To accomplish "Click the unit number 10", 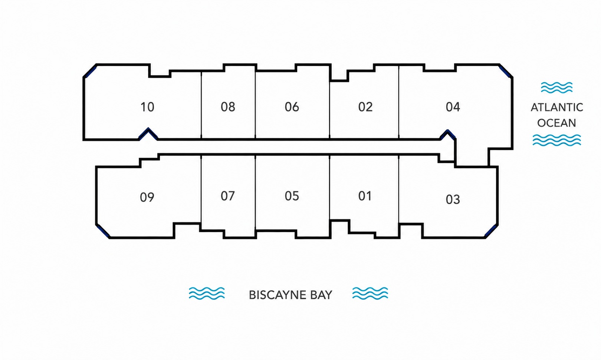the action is point(147,107).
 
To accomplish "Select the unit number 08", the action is point(228,107).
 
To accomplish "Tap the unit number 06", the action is point(292,107).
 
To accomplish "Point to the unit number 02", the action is point(365,107).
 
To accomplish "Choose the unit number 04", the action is point(453,107).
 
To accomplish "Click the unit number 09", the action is point(147,197).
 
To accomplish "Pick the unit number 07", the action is point(228,196).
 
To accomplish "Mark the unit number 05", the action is point(292,196).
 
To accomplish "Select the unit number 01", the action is point(365,196).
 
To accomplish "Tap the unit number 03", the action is point(453,199).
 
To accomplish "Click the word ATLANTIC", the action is point(557,108).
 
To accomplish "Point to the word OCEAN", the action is point(557,123).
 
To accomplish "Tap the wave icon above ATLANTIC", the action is point(557,87).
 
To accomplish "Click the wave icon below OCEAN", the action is point(557,140).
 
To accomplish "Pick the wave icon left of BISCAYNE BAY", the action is point(207,293).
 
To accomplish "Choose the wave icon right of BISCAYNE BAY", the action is point(370,293).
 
